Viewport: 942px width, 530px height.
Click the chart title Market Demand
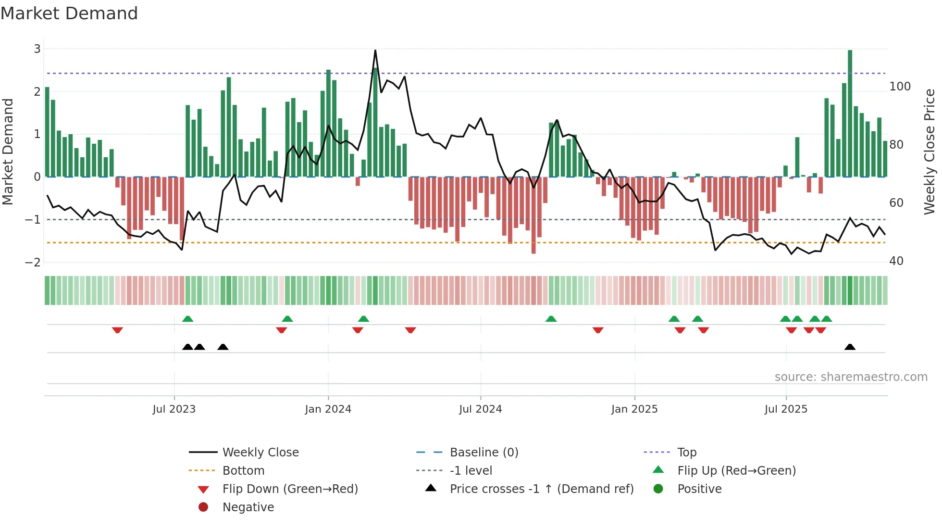click(x=69, y=13)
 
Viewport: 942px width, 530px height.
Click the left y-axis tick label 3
click(x=37, y=49)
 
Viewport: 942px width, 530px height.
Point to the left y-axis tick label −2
click(x=33, y=263)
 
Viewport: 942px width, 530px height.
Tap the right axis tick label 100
click(x=900, y=87)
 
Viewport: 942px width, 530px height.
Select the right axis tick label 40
click(x=896, y=261)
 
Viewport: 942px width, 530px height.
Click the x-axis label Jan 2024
click(x=328, y=409)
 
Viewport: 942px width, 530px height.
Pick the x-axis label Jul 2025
click(x=786, y=409)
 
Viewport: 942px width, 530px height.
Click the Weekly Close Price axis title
click(x=930, y=151)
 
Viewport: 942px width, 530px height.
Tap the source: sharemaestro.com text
click(x=851, y=377)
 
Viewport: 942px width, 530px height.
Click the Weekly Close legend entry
click(x=260, y=453)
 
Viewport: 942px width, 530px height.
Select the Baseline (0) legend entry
click(x=483, y=453)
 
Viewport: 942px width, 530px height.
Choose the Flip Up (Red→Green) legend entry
click(x=736, y=471)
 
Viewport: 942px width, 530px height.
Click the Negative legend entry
click(x=248, y=507)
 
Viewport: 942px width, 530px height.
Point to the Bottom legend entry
click(x=243, y=471)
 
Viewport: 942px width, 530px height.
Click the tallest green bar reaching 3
click(x=850, y=113)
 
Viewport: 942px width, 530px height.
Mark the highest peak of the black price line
click(x=375, y=50)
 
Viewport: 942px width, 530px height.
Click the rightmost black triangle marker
click(x=850, y=347)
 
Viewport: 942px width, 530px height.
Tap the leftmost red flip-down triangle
click(x=117, y=330)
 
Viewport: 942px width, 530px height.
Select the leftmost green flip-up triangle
click(x=188, y=319)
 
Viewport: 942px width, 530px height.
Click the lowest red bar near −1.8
click(x=533, y=215)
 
